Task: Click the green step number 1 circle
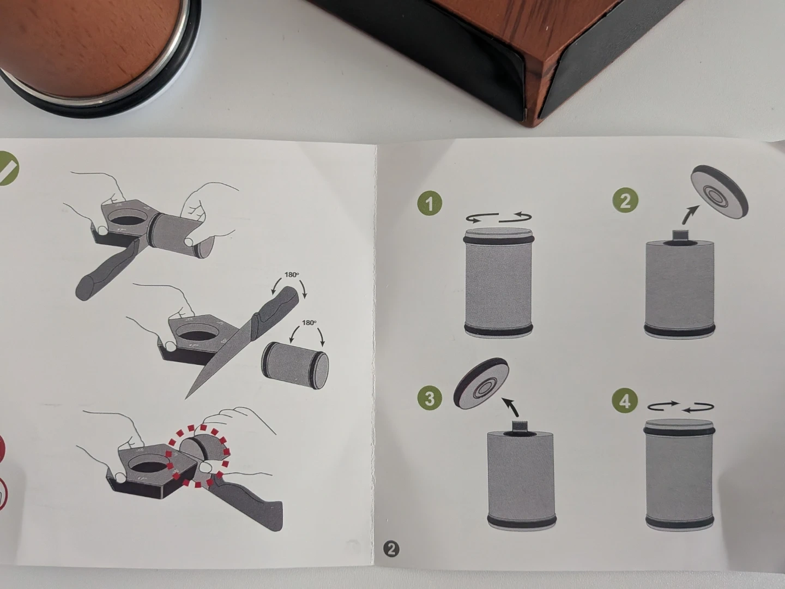(x=430, y=203)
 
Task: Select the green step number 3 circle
(x=429, y=398)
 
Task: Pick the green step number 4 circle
(x=625, y=401)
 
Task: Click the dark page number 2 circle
(x=391, y=549)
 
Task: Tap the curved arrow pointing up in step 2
(x=690, y=214)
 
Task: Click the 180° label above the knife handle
(x=292, y=275)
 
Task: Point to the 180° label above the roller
(x=309, y=322)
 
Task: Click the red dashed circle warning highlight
(x=197, y=455)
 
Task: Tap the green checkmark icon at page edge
(x=7, y=169)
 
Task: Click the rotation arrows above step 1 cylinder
(x=499, y=218)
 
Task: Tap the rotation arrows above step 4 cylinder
(x=680, y=406)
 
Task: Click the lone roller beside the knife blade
(x=295, y=364)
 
